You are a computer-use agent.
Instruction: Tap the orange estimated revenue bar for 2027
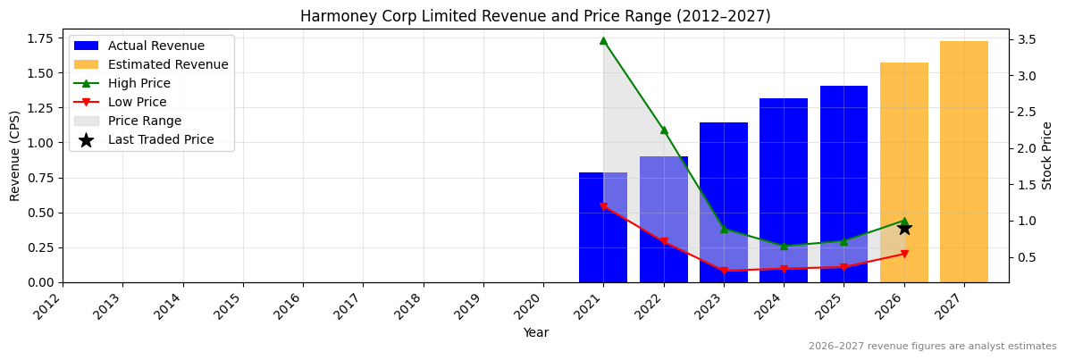pos(964,161)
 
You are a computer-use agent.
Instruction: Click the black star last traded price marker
pos(904,228)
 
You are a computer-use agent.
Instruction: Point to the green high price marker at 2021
pos(603,40)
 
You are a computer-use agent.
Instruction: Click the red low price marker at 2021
pos(603,206)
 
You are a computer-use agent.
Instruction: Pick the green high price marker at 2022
pos(664,130)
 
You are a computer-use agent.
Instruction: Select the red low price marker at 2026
pos(904,254)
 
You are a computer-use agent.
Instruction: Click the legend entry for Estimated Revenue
pos(168,64)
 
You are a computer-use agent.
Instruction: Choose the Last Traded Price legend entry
pos(161,139)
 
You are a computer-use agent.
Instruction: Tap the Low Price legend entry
pos(137,102)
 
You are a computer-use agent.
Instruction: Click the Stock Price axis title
pos(1047,155)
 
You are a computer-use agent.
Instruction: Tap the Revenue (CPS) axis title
pos(15,155)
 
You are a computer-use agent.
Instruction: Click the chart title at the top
pos(535,16)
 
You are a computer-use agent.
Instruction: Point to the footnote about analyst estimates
pos(932,347)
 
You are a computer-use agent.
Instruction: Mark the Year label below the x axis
pos(536,333)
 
